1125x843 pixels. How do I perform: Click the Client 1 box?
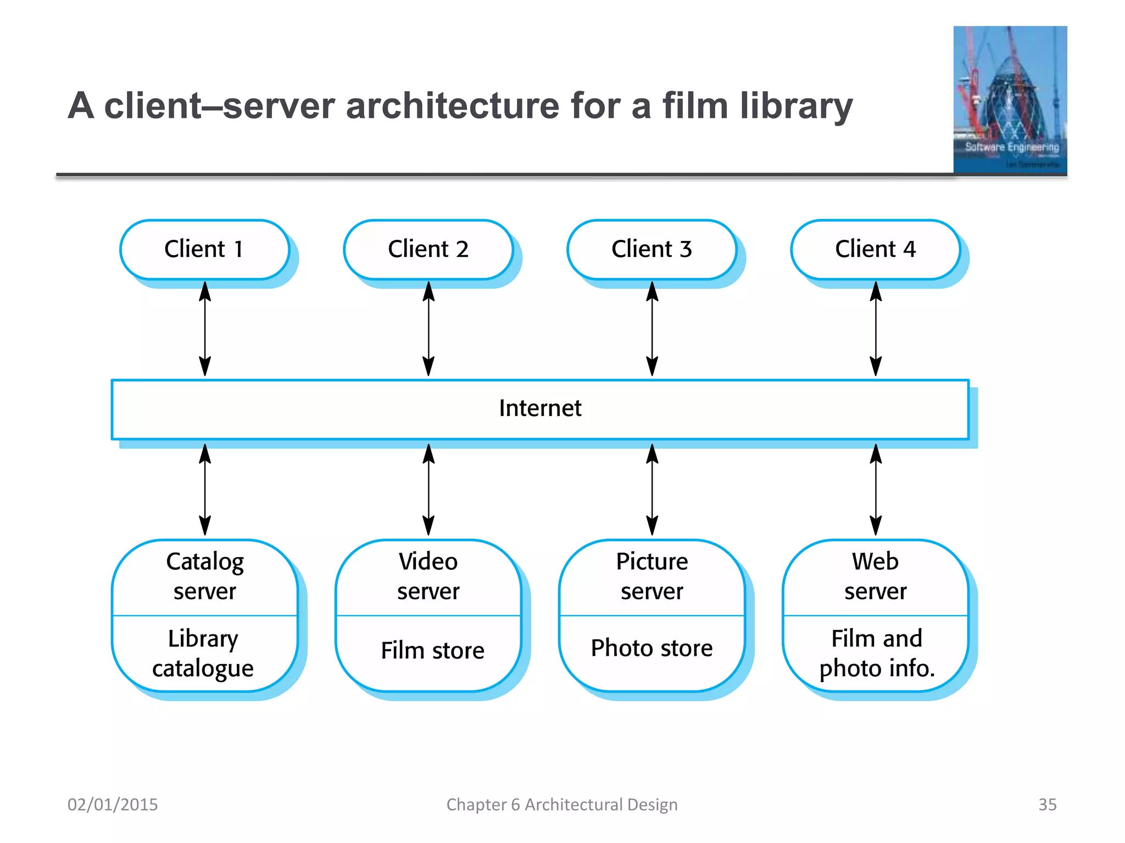point(204,249)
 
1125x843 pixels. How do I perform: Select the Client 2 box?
point(428,249)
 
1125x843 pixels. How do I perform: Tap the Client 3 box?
point(651,249)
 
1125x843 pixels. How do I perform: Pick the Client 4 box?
point(875,249)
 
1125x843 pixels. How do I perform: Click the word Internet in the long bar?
point(540,408)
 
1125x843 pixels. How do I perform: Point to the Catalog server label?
point(204,576)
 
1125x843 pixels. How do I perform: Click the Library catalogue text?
point(203,653)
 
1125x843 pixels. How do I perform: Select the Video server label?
point(428,576)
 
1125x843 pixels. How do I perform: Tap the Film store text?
point(432,651)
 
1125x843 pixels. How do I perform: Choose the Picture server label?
point(651,576)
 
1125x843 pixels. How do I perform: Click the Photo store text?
point(651,649)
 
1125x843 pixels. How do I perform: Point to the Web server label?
point(875,576)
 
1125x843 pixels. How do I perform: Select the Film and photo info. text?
point(877,653)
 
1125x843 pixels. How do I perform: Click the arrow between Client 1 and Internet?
point(205,329)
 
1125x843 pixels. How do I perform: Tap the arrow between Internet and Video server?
point(428,490)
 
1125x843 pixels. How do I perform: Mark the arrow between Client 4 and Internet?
point(876,329)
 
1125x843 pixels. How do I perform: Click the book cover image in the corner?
point(1010,100)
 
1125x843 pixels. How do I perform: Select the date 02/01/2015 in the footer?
point(113,805)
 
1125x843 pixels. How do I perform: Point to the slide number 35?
point(1047,805)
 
